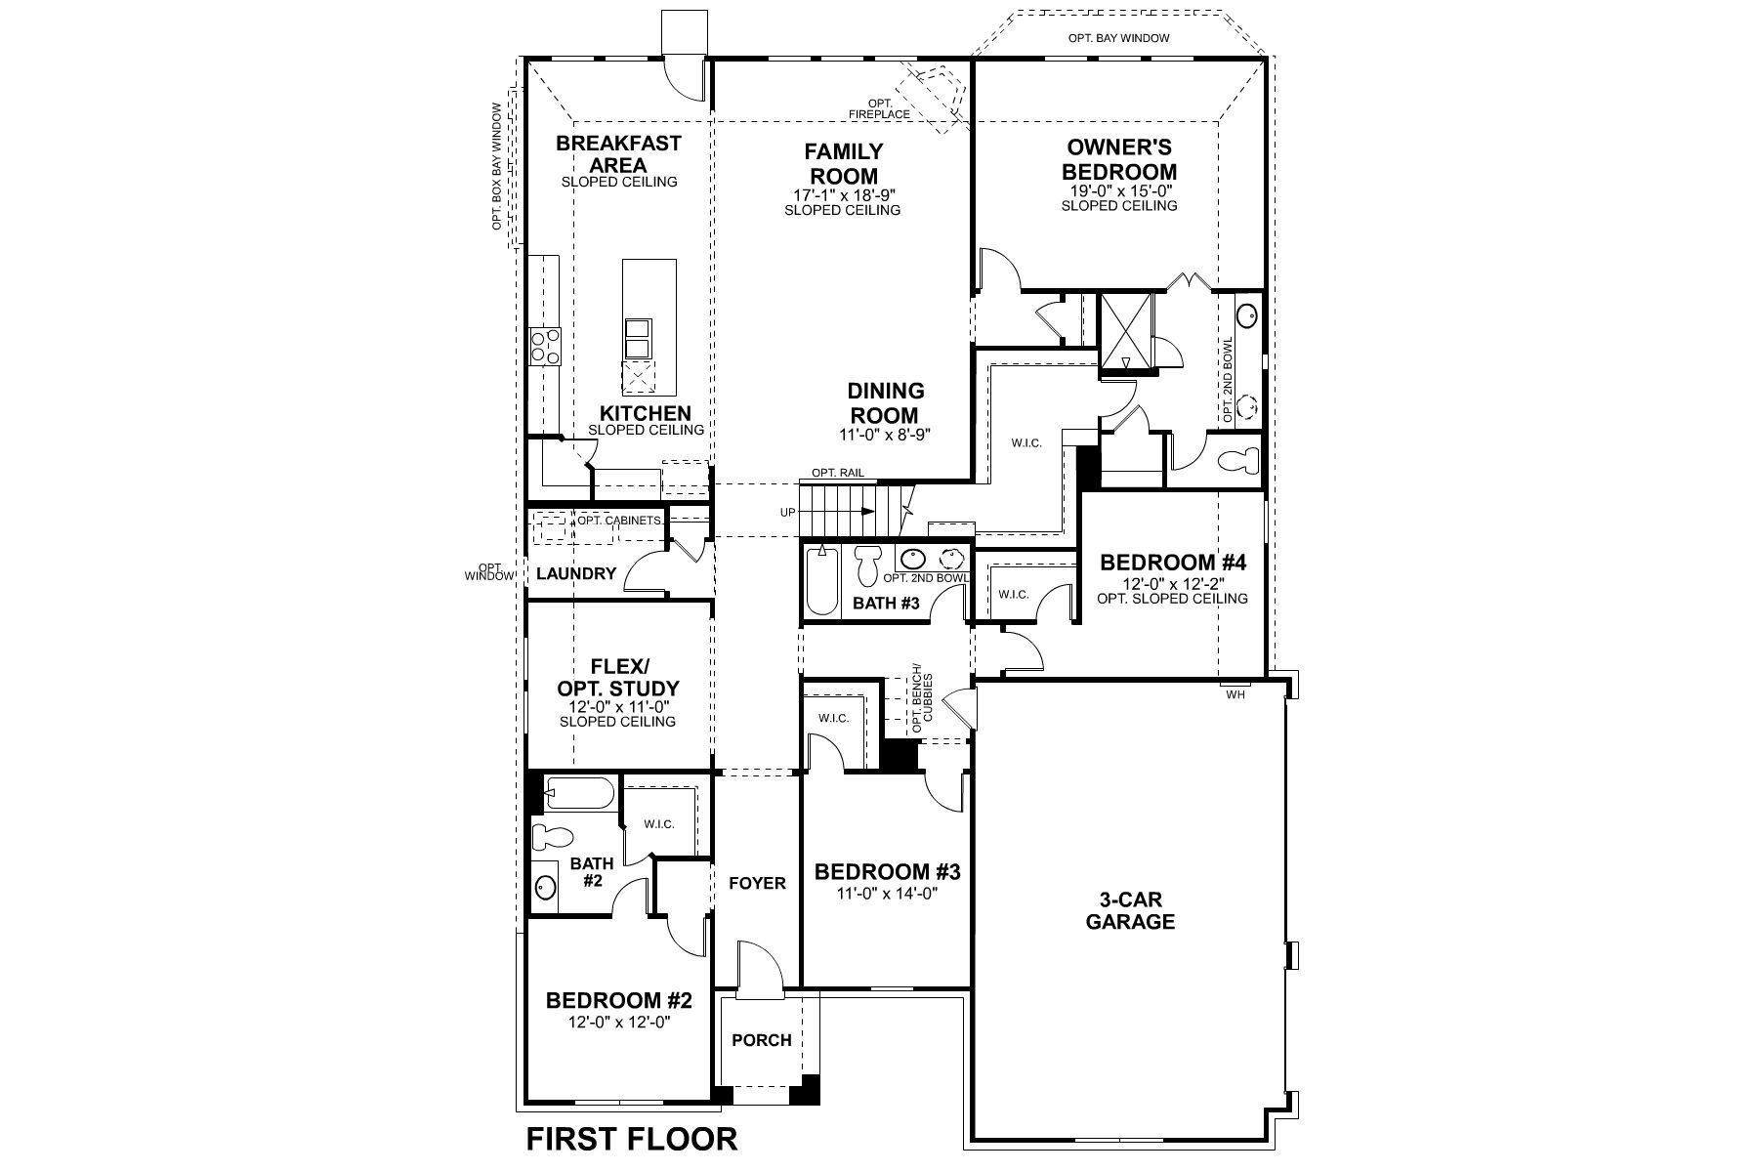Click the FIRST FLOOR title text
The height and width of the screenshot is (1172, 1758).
(x=632, y=1139)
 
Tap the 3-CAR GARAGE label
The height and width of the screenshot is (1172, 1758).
(x=1130, y=910)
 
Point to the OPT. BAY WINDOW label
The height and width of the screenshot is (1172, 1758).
(x=1118, y=39)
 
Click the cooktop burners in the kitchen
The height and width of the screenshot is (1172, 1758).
(x=545, y=347)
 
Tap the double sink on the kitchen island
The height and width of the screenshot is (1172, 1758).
(x=637, y=338)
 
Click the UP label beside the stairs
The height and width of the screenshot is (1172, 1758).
(x=787, y=512)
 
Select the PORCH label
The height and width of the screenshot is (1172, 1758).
(x=761, y=1040)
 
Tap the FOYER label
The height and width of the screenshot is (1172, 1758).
(x=757, y=884)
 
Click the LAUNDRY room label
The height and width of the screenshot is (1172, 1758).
(x=576, y=574)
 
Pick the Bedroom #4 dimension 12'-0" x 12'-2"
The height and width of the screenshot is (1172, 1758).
(x=1171, y=583)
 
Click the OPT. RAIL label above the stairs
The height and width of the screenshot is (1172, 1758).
(x=837, y=473)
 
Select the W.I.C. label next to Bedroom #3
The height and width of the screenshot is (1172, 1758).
(x=833, y=718)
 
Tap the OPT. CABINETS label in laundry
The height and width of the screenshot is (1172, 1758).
(x=618, y=520)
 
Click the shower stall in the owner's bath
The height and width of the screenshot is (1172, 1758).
(x=1126, y=332)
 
